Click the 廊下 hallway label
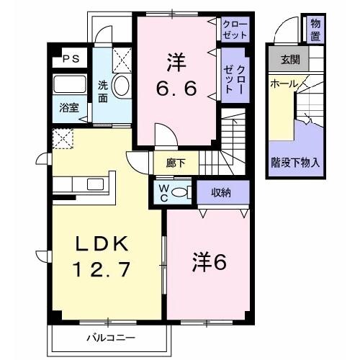pyautogui.click(x=176, y=163)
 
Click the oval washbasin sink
pyautogui.click(x=121, y=86)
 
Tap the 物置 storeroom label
pyautogui.click(x=315, y=30)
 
